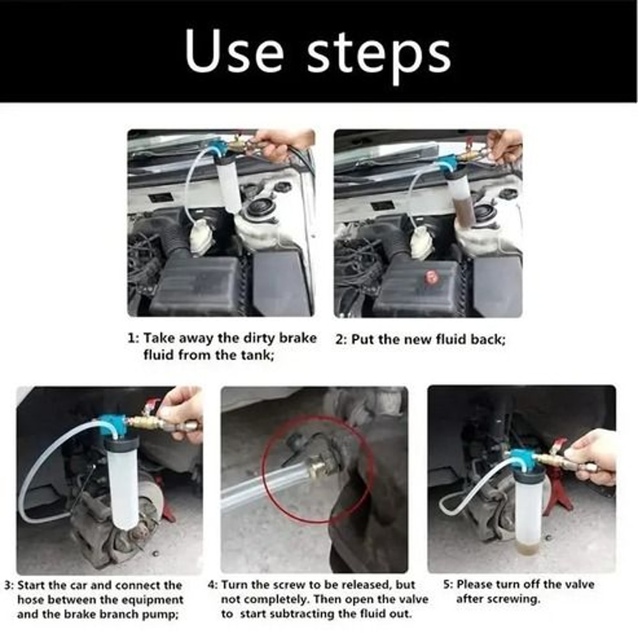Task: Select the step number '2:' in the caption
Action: tap(341, 340)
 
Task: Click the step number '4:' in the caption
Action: tap(213, 584)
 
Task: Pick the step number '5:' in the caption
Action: tap(448, 584)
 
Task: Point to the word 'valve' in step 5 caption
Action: tap(577, 584)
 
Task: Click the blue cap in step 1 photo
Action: tap(219, 149)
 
